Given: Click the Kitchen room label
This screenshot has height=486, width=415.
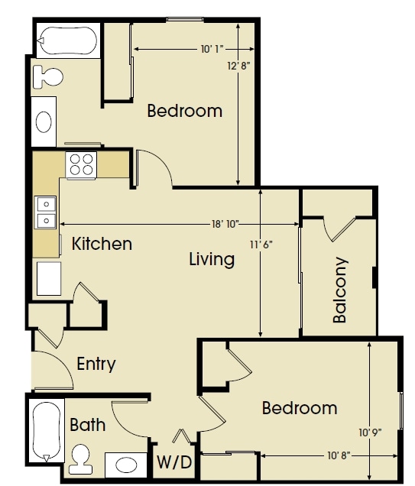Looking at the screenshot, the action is pyautogui.click(x=102, y=244).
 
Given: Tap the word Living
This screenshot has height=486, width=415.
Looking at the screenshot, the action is pyautogui.click(x=212, y=259).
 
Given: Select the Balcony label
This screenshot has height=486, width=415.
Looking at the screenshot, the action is pyautogui.click(x=339, y=290).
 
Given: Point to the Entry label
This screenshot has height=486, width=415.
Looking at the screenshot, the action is pyautogui.click(x=96, y=364).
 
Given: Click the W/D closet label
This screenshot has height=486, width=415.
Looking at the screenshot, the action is pyautogui.click(x=174, y=462).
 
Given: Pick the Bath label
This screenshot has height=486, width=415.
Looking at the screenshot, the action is pyautogui.click(x=88, y=425).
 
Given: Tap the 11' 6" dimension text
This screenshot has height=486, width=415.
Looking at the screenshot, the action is pyautogui.click(x=261, y=245).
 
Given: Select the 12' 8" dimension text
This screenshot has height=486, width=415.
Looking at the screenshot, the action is pyautogui.click(x=238, y=66).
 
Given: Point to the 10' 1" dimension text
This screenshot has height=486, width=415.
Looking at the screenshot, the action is pyautogui.click(x=212, y=49).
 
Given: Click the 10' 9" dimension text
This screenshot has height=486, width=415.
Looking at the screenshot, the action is pyautogui.click(x=370, y=433).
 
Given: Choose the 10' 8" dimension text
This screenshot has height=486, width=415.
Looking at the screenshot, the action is pyautogui.click(x=339, y=455).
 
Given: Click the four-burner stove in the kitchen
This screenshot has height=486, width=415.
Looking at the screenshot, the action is pyautogui.click(x=81, y=165).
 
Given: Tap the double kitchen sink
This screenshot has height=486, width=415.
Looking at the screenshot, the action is pyautogui.click(x=46, y=212).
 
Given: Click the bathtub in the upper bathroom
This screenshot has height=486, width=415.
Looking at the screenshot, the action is pyautogui.click(x=68, y=41).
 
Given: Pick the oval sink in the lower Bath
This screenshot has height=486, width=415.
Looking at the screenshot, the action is pyautogui.click(x=126, y=465).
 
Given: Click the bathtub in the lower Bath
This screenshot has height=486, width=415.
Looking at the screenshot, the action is pyautogui.click(x=47, y=431).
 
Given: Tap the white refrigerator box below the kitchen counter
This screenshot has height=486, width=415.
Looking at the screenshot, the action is pyautogui.click(x=49, y=279).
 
